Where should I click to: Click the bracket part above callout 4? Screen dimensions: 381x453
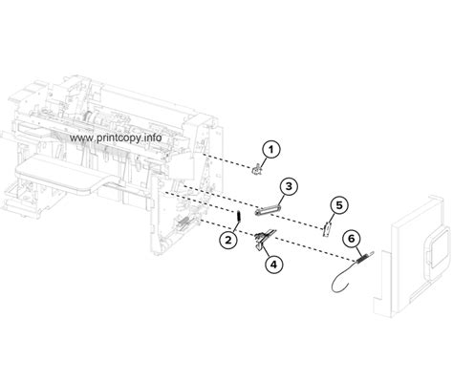[265, 239]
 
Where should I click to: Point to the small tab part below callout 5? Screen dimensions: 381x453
[327, 227]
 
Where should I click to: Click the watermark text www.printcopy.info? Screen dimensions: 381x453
[117, 137]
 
